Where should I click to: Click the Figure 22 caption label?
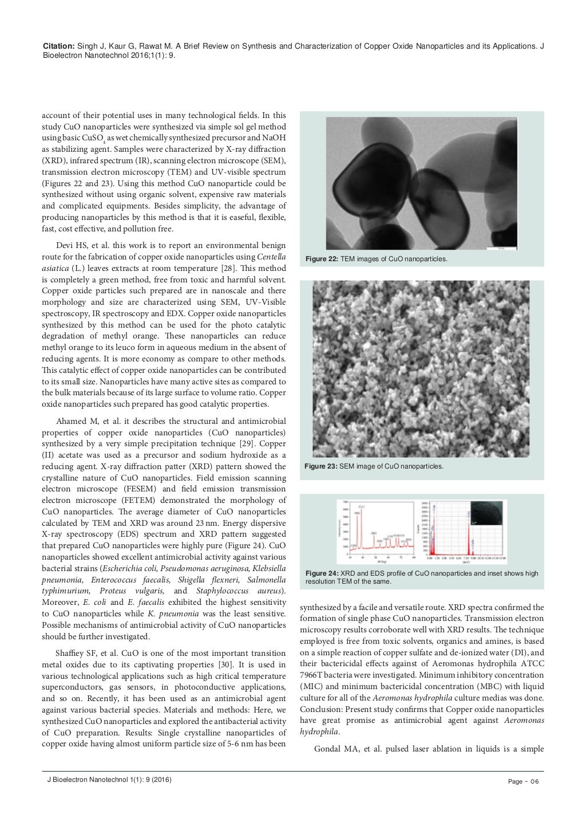click(x=322, y=259)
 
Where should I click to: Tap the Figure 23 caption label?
click(x=320, y=466)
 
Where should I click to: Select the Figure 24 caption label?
click(x=322, y=573)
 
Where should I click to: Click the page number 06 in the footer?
click(x=534, y=782)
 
